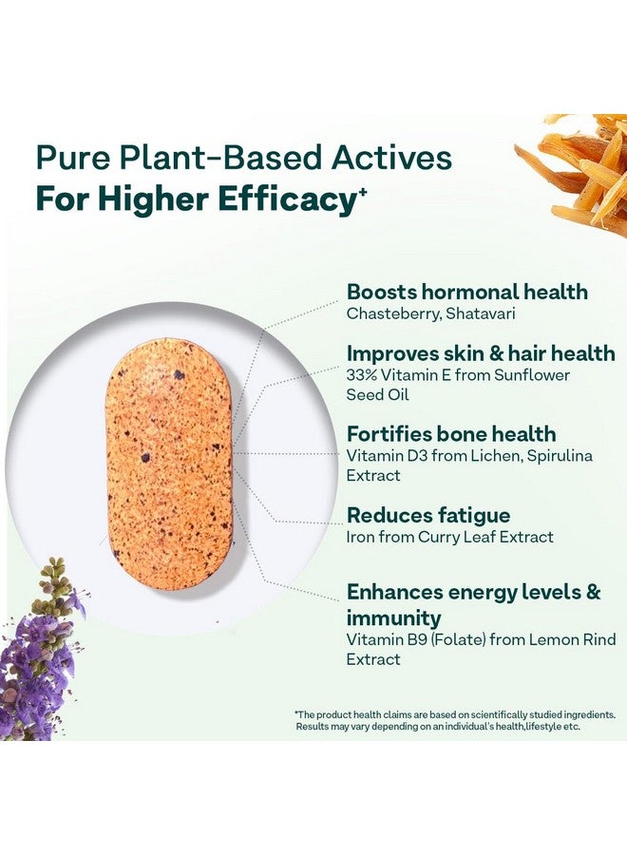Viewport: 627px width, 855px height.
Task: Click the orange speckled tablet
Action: [169, 463]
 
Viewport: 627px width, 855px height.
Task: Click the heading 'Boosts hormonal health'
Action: [466, 292]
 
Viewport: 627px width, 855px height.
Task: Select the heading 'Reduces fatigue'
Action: [428, 516]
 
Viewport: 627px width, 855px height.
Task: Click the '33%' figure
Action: [364, 374]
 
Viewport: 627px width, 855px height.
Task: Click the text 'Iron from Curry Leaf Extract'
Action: [449, 538]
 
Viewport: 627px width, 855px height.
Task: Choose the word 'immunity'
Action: [393, 617]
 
